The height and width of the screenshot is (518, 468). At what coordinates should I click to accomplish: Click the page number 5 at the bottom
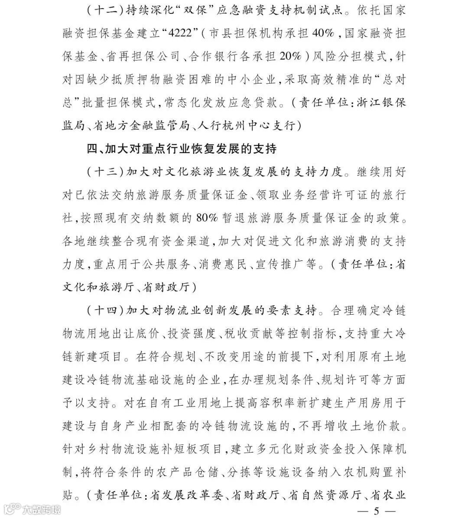tap(376, 511)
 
